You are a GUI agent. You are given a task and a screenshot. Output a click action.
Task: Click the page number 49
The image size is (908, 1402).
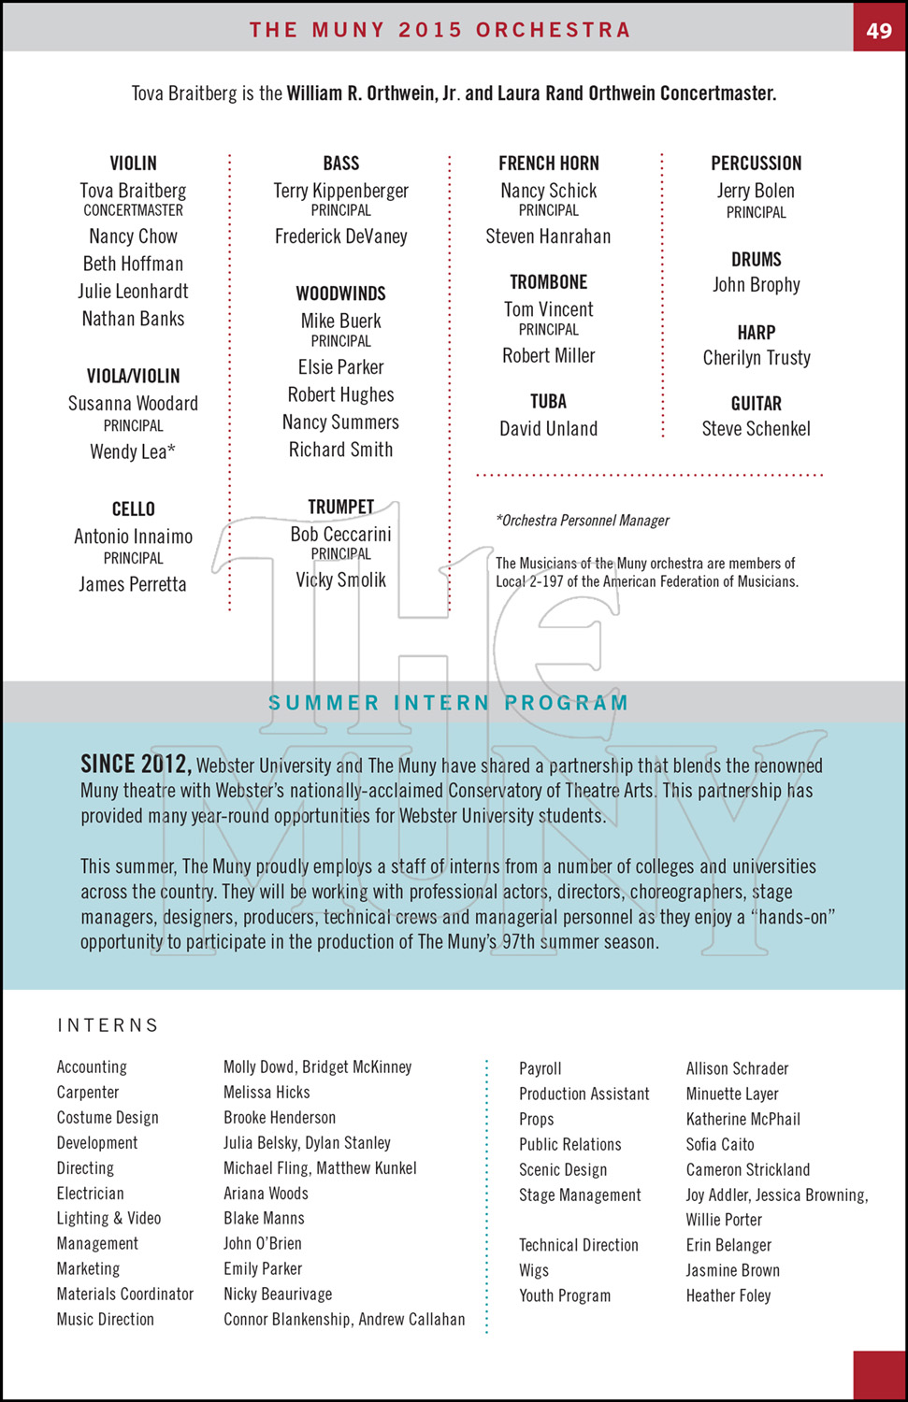[879, 30]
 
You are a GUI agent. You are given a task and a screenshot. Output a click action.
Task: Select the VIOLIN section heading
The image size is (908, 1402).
[134, 164]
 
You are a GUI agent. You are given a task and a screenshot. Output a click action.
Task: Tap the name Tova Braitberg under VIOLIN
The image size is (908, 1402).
[133, 191]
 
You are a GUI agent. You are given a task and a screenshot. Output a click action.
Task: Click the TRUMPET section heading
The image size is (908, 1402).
[340, 507]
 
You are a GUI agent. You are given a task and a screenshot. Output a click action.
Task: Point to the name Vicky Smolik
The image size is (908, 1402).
[340, 580]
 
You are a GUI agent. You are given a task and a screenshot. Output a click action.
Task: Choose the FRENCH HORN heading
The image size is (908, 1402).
[548, 164]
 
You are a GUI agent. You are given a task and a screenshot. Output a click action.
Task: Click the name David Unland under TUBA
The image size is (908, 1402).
[548, 429]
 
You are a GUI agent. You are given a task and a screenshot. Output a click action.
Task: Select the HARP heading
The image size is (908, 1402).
[756, 333]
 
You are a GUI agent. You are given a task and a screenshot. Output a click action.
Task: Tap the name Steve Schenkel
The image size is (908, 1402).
[756, 429]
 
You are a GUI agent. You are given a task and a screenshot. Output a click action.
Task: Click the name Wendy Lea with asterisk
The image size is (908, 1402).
[133, 452]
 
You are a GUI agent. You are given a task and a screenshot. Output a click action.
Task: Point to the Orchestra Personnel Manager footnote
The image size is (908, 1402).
[583, 521]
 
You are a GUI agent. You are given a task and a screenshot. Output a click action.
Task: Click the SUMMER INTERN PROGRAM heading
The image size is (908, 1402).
[448, 703]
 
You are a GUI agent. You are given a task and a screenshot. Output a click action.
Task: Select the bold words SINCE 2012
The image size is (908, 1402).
[136, 765]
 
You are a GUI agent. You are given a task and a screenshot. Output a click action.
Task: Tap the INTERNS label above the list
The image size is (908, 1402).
[108, 1025]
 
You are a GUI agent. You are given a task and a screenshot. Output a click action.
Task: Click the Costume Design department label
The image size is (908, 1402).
[108, 1118]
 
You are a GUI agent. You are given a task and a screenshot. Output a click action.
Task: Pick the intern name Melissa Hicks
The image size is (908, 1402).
[267, 1093]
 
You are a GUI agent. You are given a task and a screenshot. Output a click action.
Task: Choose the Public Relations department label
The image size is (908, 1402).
[570, 1145]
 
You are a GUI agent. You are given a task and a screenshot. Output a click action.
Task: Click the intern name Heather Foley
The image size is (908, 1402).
[728, 1296]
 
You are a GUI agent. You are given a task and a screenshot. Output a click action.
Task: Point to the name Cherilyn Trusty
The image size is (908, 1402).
[757, 358]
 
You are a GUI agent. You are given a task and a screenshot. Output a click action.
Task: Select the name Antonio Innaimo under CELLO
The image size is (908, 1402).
[133, 537]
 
